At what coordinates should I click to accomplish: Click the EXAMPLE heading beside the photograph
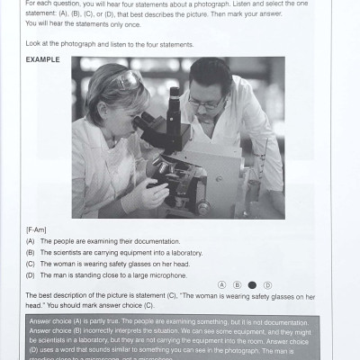click(x=43, y=60)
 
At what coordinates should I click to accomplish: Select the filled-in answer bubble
click(x=252, y=284)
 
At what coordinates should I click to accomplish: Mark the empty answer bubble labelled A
click(x=221, y=284)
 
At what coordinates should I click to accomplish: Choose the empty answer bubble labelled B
click(x=237, y=284)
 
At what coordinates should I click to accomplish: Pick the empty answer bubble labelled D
click(x=267, y=284)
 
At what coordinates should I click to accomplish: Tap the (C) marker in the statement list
click(x=31, y=264)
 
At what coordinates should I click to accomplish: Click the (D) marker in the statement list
click(x=31, y=274)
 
